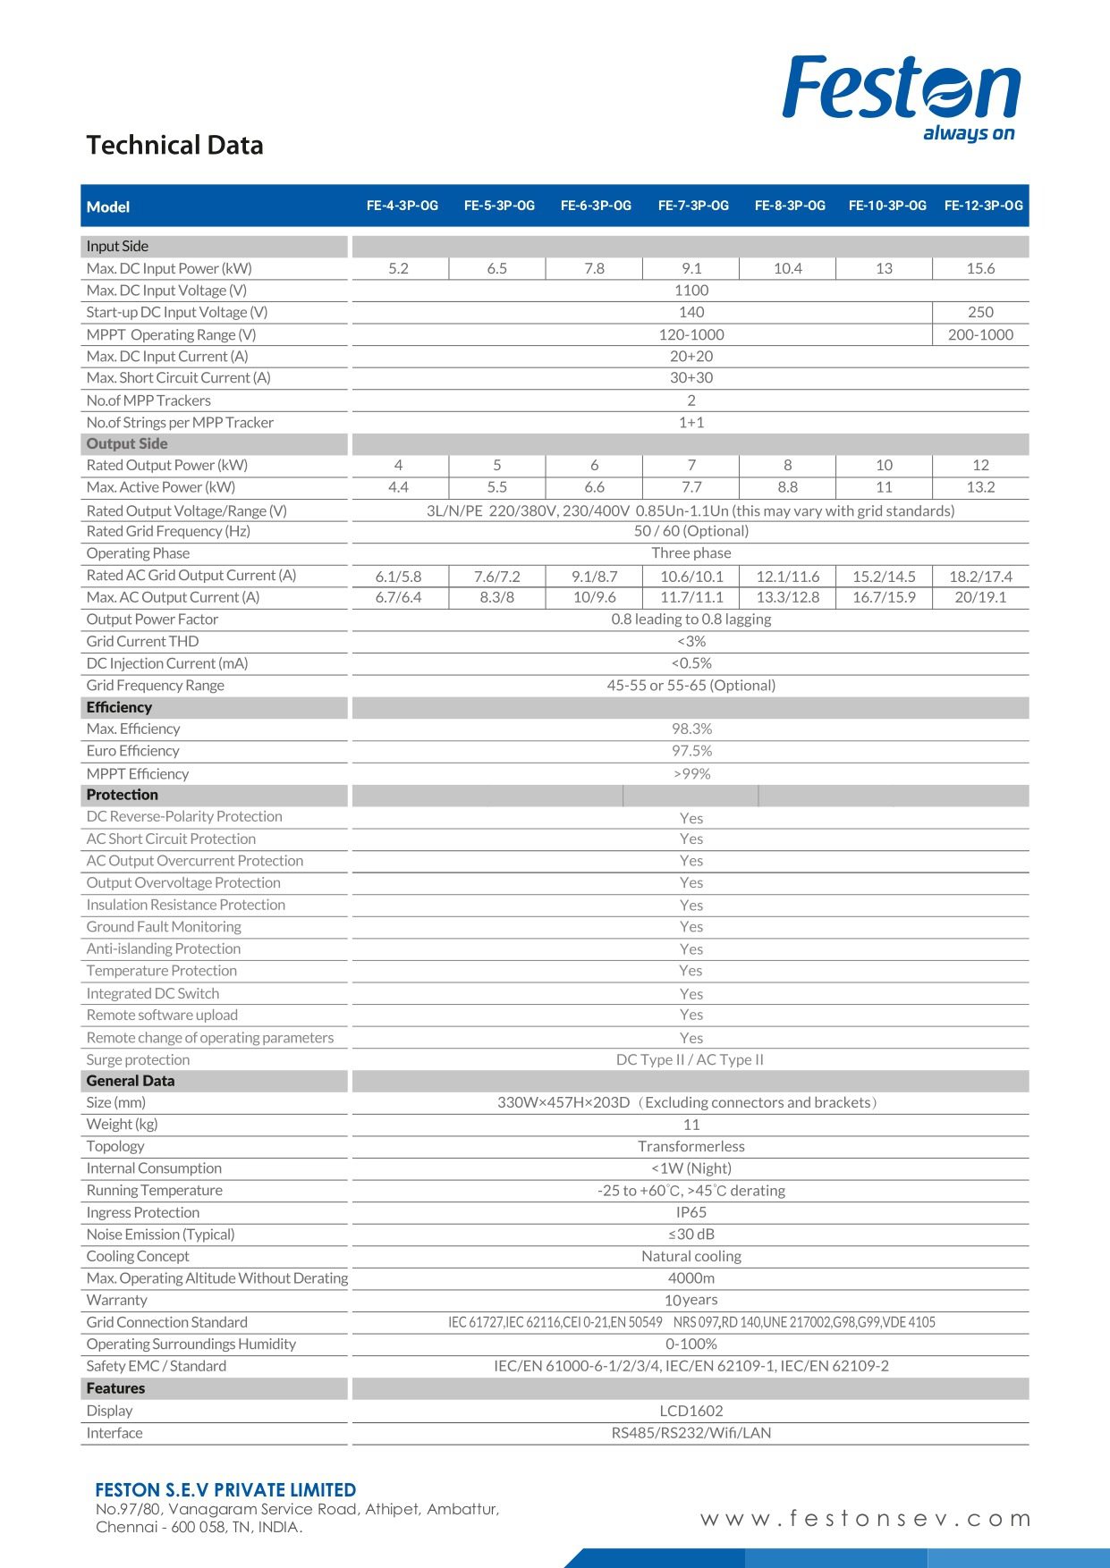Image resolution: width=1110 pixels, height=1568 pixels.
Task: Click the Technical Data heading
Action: point(174,145)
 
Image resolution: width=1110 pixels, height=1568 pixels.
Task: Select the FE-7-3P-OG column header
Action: point(693,206)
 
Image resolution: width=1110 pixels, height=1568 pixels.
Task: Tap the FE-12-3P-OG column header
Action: point(983,206)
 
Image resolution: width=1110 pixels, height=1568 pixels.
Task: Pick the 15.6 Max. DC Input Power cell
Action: point(980,268)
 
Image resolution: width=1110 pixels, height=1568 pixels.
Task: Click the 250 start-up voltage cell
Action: point(980,312)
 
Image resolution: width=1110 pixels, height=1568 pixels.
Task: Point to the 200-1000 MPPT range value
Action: point(980,334)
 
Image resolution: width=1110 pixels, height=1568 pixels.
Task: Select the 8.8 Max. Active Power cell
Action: point(787,487)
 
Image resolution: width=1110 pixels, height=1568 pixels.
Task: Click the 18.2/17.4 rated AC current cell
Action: point(980,577)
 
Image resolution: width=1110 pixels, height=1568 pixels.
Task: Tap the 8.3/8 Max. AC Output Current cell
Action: point(496,597)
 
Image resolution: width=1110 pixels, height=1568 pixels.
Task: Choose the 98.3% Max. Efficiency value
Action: point(691,729)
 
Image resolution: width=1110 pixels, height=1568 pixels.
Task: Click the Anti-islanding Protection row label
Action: point(164,948)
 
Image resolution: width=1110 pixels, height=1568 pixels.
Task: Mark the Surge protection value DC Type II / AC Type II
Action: point(690,1059)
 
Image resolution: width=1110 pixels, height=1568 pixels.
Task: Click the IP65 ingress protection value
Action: point(691,1212)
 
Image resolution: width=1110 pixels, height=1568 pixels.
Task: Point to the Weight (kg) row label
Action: point(122,1124)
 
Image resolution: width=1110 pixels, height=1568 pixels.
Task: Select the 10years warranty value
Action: point(691,1300)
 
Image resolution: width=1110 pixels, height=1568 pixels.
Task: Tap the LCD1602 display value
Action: point(691,1411)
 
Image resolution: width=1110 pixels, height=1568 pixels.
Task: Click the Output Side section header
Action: point(127,443)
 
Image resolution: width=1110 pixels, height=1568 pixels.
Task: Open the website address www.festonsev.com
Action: point(865,1519)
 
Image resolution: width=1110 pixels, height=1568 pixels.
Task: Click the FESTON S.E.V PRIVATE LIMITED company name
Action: point(225,1490)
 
